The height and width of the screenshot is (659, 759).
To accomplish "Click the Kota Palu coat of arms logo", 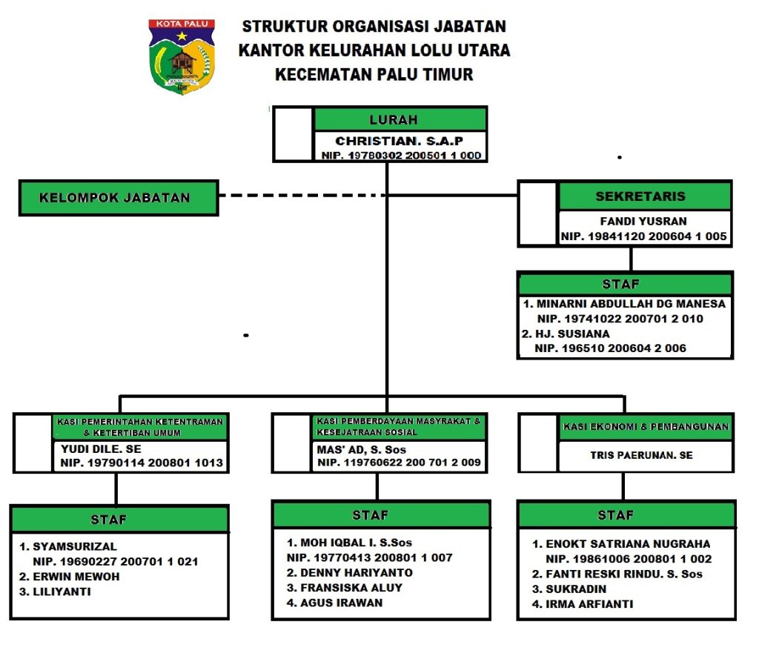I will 182,56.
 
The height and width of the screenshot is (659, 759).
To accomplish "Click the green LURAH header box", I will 400,119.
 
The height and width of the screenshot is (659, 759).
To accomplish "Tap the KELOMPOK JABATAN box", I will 119,198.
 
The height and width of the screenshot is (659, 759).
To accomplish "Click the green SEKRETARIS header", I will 644,196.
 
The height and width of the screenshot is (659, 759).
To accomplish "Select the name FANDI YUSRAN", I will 643,221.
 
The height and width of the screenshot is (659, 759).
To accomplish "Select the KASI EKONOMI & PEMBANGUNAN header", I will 645,427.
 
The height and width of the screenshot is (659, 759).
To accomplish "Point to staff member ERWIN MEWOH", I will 76,576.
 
